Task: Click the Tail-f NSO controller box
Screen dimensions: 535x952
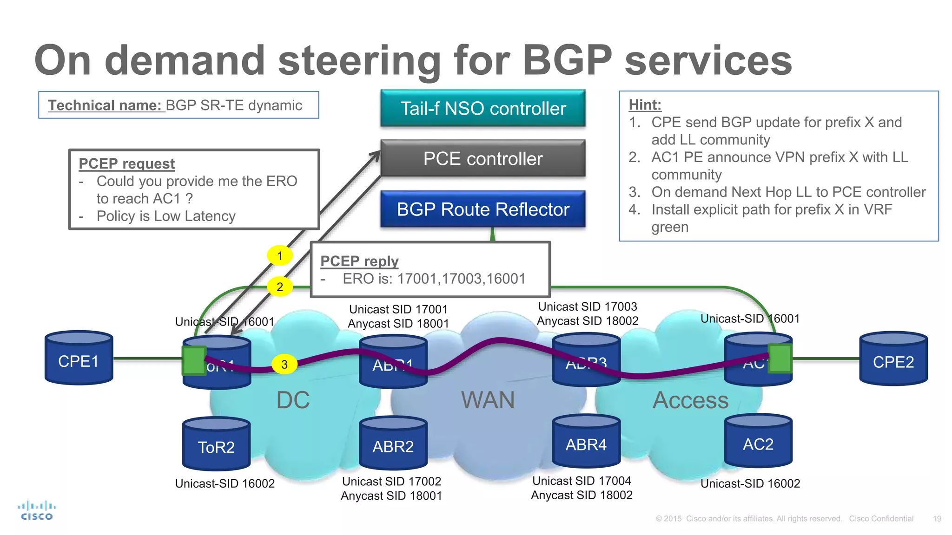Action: coord(483,109)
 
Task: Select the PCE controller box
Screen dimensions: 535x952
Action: coord(483,159)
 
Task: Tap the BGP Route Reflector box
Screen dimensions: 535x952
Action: coord(483,209)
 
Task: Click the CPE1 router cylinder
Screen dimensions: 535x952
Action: coord(79,359)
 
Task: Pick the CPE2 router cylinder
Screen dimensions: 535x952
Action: coord(893,359)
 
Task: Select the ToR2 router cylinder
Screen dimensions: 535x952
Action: coord(216,444)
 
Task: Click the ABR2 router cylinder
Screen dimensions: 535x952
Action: coord(393,444)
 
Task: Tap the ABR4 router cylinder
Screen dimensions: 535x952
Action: coord(586,442)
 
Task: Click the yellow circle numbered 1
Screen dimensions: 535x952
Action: coord(280,255)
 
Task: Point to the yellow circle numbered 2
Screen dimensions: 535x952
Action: coord(280,287)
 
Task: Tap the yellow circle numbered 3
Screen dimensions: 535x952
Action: coord(284,365)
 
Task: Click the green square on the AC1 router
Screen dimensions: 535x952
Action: coord(780,359)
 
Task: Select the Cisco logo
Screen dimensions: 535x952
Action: coord(37,511)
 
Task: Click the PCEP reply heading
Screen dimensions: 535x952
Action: coord(359,261)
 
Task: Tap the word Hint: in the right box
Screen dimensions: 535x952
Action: coord(645,105)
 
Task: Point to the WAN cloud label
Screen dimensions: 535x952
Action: coord(488,400)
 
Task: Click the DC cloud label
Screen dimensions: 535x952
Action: coord(293,400)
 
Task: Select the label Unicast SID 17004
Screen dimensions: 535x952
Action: coord(582,481)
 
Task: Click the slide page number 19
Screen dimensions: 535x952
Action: coord(937,519)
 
